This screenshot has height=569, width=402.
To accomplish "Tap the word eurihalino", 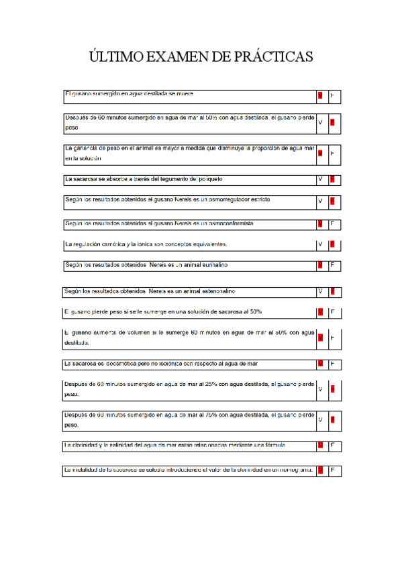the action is pos(211,265).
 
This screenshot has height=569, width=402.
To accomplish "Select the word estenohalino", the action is pos(213,291).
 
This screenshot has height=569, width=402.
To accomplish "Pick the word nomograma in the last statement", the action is pos(291,470).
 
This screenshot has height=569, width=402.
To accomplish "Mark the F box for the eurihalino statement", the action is pos(332,266).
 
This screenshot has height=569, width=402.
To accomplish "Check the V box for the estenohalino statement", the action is pos(320,292).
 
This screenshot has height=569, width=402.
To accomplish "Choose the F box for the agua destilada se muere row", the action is pos(332,96).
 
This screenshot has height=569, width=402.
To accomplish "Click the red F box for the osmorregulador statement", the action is pos(332,201).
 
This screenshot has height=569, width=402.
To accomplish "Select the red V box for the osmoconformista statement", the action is pos(320,223).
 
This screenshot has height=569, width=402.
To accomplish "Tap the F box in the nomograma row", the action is pos(332,470).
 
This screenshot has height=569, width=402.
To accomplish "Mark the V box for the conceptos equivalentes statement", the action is pos(320,244).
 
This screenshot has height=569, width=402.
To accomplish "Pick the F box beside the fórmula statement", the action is pos(332,446).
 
